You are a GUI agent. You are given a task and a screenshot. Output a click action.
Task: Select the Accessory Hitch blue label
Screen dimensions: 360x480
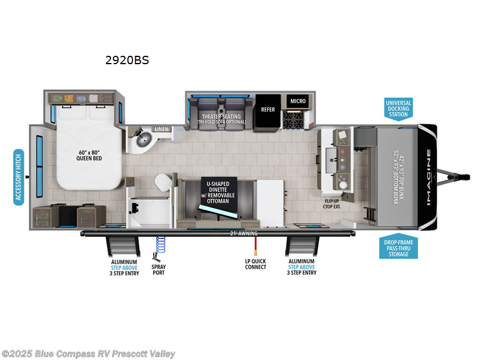(x=18, y=177)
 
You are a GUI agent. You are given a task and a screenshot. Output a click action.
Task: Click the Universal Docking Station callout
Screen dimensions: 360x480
(x=398, y=109)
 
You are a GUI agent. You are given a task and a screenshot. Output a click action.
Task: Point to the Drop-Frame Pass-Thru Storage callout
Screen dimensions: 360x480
(x=398, y=247)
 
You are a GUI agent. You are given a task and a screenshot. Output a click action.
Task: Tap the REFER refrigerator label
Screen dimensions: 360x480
(x=268, y=110)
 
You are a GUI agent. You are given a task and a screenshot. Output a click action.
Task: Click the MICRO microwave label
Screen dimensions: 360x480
(x=298, y=101)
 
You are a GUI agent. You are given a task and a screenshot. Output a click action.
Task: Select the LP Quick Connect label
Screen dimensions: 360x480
(x=256, y=265)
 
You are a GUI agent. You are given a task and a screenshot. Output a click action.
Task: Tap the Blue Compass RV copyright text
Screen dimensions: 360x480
(x=88, y=354)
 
